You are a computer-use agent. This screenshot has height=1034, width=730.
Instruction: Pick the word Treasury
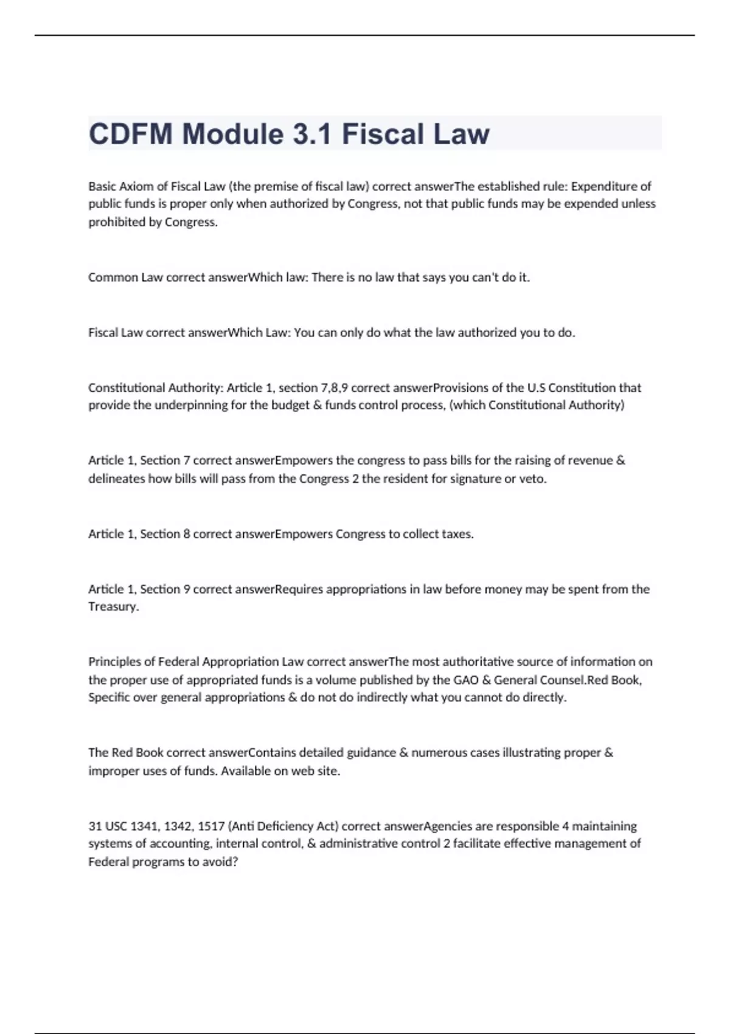pos(113,606)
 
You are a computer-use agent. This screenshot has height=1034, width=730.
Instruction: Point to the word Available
pos(247,771)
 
